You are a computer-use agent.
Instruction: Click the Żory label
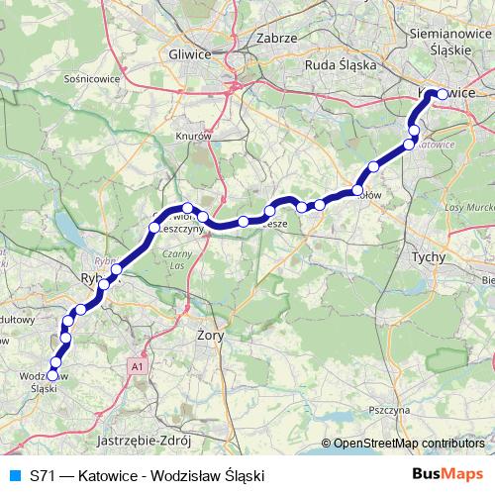(212, 337)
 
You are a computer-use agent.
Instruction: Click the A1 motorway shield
(135, 366)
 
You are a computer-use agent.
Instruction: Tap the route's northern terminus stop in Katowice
(435, 94)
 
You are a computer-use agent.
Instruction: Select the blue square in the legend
(14, 475)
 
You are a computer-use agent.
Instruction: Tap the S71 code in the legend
(43, 475)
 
